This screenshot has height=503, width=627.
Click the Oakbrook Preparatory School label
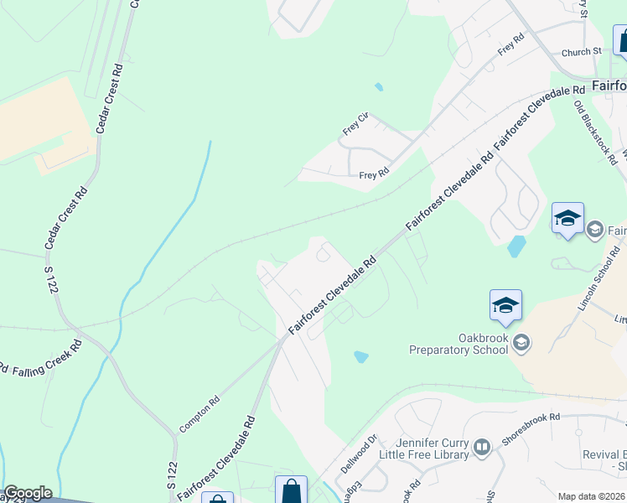click(x=459, y=343)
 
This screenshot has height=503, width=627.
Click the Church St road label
click(x=582, y=52)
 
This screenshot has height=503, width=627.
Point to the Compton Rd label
click(x=199, y=414)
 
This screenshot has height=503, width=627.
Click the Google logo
click(x=28, y=493)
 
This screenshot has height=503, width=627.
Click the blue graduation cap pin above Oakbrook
click(x=505, y=305)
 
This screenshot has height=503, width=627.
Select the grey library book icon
click(x=482, y=447)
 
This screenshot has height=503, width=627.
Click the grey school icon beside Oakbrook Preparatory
click(x=521, y=342)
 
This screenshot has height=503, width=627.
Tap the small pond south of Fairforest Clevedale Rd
click(x=361, y=356)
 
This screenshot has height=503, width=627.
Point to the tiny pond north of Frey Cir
click(x=379, y=86)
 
